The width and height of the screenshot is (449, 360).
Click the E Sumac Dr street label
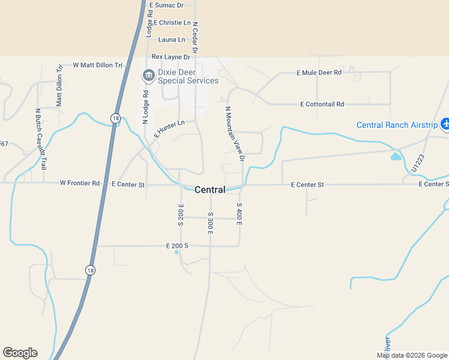point(166,5)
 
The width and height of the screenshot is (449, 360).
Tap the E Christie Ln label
point(172,23)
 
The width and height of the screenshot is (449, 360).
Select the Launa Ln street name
point(172,40)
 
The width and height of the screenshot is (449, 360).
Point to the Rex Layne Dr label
point(170,57)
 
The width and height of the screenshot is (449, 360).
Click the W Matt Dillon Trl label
point(97,65)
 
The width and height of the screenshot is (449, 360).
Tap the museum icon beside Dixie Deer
point(148,75)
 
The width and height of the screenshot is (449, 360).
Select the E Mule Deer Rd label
point(319,73)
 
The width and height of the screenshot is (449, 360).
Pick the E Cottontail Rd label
point(322,104)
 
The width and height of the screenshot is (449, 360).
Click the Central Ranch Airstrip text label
point(396,125)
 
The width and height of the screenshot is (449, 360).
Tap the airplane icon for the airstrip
point(445,124)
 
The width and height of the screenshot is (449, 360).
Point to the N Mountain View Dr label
point(235,134)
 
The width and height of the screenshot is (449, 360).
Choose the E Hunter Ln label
point(169,129)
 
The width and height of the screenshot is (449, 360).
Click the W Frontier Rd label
point(80,183)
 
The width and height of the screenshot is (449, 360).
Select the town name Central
point(209,190)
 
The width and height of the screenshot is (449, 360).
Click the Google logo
point(20,353)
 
